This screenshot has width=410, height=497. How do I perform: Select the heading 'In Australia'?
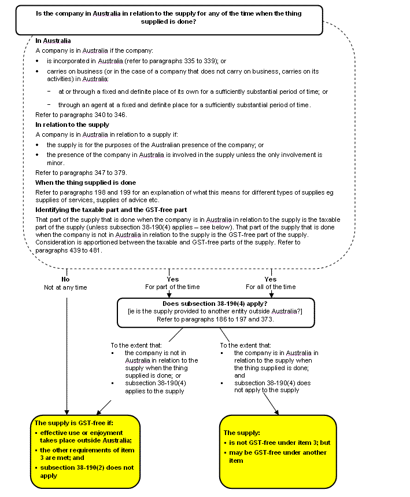tap(53, 41)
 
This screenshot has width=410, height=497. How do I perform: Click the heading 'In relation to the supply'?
tap(72, 125)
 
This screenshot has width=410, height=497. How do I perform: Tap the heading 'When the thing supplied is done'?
tap(85, 182)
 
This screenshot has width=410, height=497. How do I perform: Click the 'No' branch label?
tap(66, 279)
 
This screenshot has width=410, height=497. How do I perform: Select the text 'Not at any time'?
tap(66, 287)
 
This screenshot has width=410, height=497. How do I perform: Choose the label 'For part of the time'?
tap(172, 287)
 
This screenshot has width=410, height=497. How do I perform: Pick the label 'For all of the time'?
tap(271, 287)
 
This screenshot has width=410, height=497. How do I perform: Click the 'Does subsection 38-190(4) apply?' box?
tap(215, 312)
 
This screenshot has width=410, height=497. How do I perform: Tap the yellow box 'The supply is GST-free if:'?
tap(85, 452)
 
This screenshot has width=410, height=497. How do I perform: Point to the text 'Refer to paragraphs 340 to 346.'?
tap(81, 115)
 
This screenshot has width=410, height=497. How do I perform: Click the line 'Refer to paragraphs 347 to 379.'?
tap(81, 173)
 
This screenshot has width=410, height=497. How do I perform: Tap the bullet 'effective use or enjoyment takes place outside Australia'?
tap(87, 436)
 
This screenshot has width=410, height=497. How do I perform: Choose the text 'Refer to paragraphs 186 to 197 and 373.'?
tap(215, 320)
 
